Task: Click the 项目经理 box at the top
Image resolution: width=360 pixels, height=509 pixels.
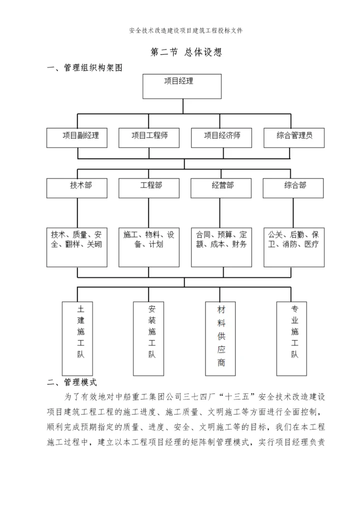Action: click(182, 86)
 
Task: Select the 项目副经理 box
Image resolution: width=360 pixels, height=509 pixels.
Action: click(77, 137)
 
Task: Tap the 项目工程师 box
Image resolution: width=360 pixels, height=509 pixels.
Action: click(149, 137)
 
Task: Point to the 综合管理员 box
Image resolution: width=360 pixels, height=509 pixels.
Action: click(293, 137)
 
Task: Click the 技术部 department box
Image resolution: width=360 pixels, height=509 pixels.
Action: click(77, 187)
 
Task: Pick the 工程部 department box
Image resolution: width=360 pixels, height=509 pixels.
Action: click(149, 187)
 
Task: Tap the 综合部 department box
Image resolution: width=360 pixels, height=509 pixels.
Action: click(293, 187)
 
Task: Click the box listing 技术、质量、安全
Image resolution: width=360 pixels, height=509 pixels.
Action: click(77, 247)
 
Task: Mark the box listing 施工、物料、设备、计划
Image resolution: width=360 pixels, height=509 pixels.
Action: click(149, 247)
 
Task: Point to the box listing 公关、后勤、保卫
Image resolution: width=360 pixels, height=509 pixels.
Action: click(293, 247)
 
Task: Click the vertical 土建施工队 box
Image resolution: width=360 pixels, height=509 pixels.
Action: click(81, 337)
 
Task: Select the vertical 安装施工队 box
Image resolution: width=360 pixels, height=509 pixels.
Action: click(152, 337)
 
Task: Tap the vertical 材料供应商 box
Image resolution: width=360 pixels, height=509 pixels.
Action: click(221, 337)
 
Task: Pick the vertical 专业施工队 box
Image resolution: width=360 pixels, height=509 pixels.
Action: click(294, 337)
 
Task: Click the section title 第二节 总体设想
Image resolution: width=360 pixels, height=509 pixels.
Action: click(185, 52)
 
